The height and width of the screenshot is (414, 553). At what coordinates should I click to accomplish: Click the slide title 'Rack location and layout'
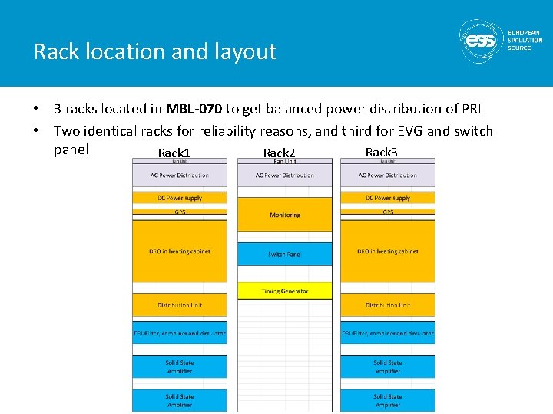pyautogui.click(x=154, y=52)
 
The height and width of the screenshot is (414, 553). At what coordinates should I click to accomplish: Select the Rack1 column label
pyautogui.click(x=174, y=153)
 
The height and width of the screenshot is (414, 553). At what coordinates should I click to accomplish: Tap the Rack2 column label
pyautogui.click(x=279, y=153)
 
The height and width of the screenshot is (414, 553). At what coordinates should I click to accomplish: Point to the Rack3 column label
pyautogui.click(x=382, y=152)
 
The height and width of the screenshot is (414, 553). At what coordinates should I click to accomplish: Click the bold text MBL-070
pyautogui.click(x=194, y=109)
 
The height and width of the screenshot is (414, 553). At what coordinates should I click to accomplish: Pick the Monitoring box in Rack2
pyautogui.click(x=285, y=215)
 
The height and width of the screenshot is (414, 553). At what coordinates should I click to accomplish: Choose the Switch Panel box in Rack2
pyautogui.click(x=285, y=254)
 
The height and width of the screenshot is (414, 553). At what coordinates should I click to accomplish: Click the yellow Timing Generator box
pyautogui.click(x=285, y=291)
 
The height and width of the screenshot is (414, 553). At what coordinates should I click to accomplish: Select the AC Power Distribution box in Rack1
pyautogui.click(x=180, y=176)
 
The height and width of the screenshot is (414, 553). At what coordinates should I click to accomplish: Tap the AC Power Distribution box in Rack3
pyautogui.click(x=388, y=176)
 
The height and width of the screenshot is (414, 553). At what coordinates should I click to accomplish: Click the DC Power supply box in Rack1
pyautogui.click(x=180, y=198)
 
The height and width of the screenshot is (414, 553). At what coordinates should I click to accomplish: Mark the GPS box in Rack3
pyautogui.click(x=388, y=212)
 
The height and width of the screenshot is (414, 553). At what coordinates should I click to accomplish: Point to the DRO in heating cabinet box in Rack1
pyautogui.click(x=180, y=251)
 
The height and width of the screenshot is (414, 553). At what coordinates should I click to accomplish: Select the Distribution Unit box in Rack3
pyautogui.click(x=388, y=305)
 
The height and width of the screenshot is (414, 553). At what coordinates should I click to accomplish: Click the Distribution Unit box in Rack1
pyautogui.click(x=180, y=305)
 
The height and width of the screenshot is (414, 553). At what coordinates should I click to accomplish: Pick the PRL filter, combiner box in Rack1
pyautogui.click(x=180, y=333)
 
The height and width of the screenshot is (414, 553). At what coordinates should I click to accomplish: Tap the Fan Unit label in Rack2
pyautogui.click(x=285, y=161)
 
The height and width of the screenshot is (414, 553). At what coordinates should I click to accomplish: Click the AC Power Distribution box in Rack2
pyautogui.click(x=285, y=176)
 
